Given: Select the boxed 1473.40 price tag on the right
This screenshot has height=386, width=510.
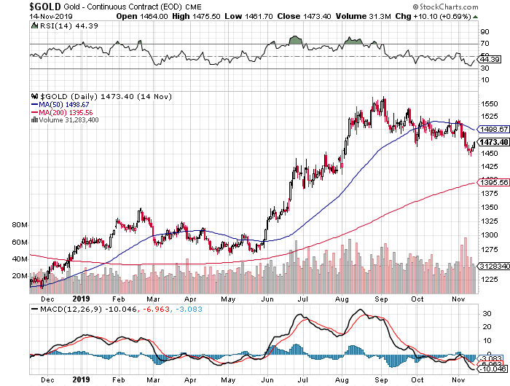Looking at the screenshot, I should click(487, 142).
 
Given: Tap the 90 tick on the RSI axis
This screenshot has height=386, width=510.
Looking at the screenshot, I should click(483, 32).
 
